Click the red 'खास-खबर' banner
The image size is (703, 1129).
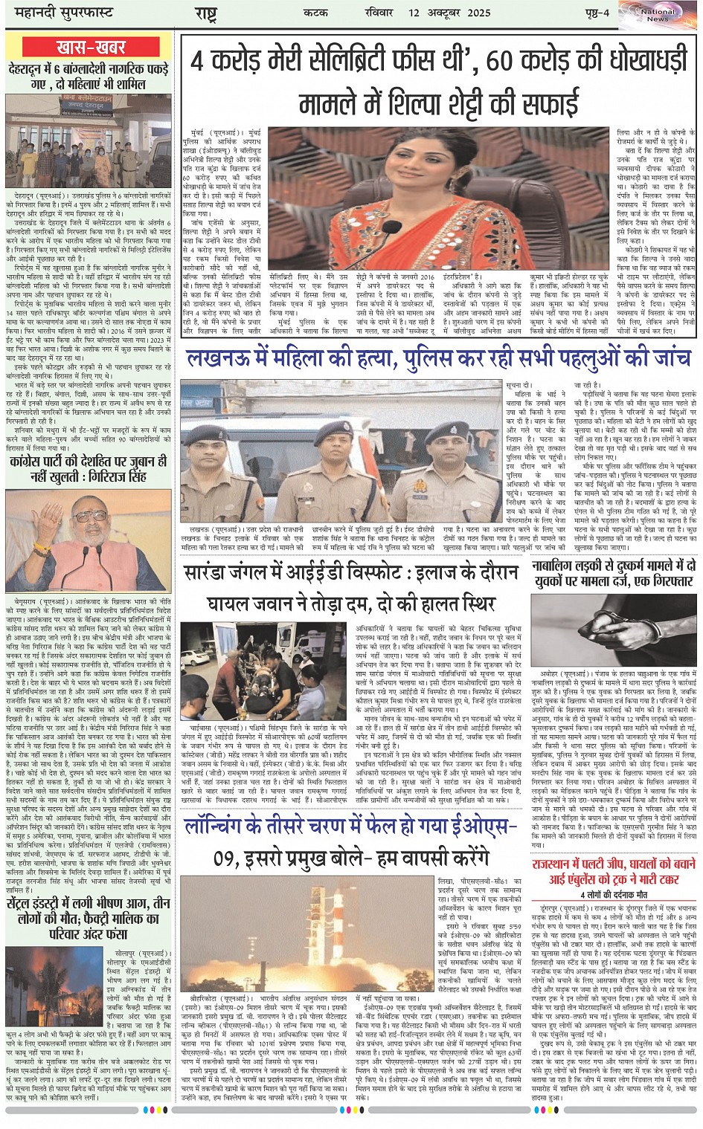(x=91, y=47)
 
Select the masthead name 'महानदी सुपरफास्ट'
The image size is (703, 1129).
(x=59, y=13)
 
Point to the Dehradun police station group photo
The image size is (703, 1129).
(x=88, y=140)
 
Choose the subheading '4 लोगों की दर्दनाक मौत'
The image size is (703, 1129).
(x=614, y=894)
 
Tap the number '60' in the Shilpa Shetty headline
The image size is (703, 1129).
(x=491, y=61)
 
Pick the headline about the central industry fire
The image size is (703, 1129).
(x=88, y=918)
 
